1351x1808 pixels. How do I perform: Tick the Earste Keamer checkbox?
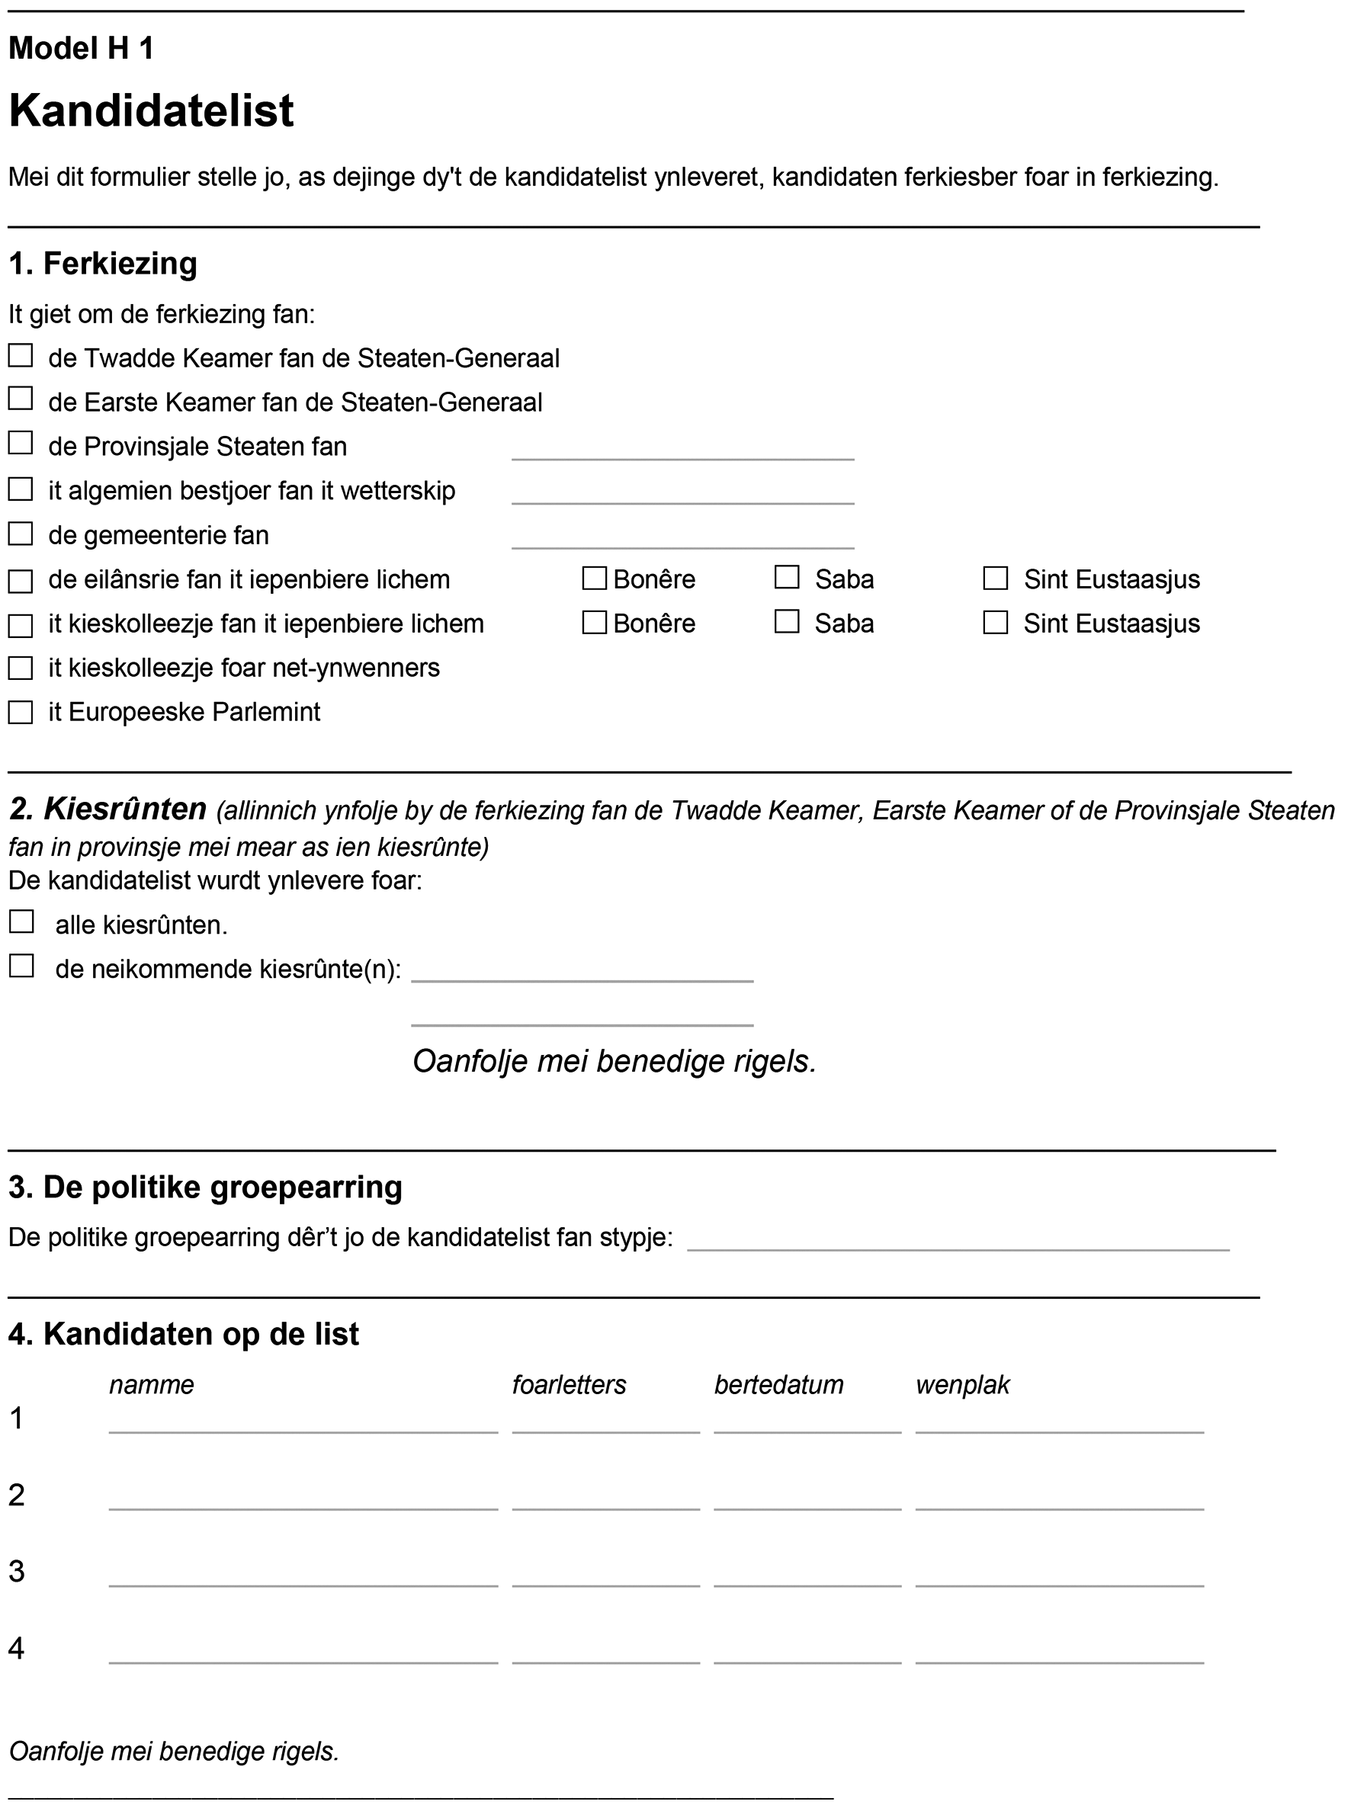click(21, 399)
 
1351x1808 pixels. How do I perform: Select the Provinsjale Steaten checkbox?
click(21, 443)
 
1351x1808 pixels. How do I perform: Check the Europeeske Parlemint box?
click(21, 712)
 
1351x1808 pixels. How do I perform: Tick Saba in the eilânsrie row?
click(787, 577)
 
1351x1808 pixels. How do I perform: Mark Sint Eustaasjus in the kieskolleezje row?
click(995, 622)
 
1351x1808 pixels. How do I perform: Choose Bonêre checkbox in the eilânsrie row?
click(594, 578)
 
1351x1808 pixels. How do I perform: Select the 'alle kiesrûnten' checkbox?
click(21, 922)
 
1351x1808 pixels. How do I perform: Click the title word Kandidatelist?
click(151, 111)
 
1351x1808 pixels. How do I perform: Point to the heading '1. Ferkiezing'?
click(103, 264)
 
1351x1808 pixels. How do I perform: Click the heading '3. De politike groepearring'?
click(205, 1187)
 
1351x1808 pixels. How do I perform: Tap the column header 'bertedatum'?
click(778, 1385)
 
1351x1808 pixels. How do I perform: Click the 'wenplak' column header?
click(962, 1385)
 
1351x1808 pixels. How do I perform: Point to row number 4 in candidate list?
click(16, 1648)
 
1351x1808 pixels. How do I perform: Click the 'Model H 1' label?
click(81, 49)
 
